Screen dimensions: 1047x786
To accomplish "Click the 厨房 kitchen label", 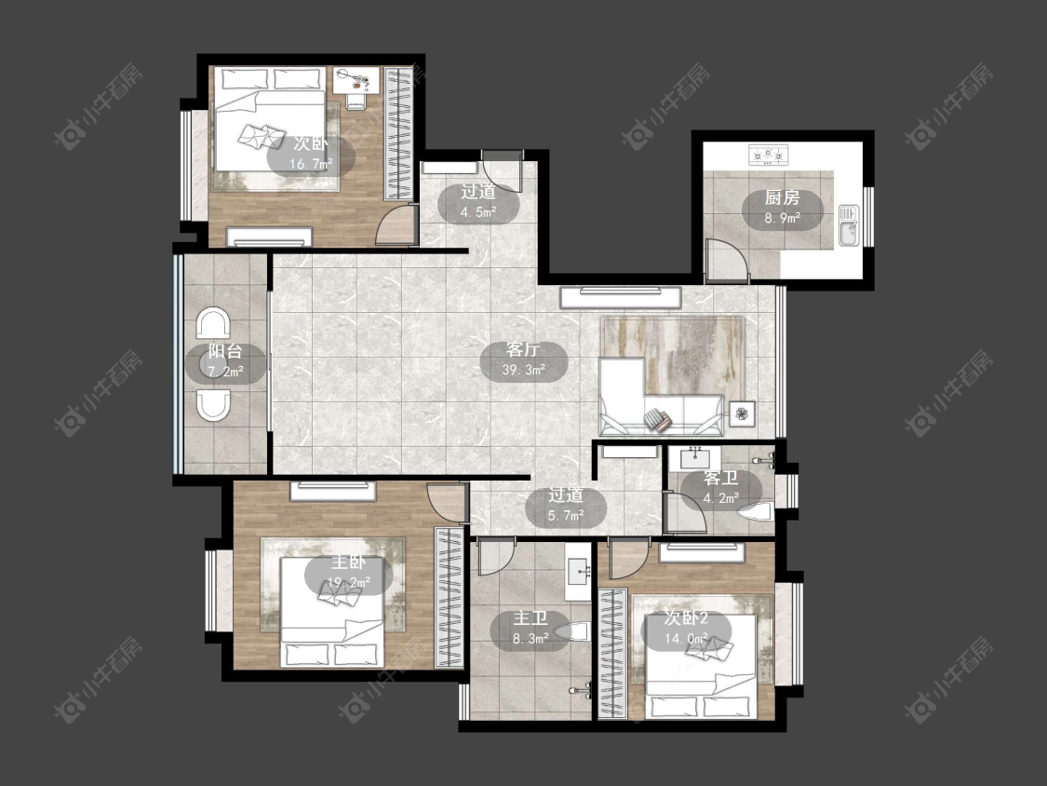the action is pos(782,197).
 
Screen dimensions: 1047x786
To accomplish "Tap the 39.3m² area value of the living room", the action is pos(524,370).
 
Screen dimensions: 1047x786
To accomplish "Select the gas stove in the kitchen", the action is pos(768,156).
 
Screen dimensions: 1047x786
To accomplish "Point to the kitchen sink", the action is pos(849,226).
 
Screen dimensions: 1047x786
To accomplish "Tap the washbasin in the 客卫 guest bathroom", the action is pos(698,458).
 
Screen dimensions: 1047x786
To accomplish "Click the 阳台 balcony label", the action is pos(225,352).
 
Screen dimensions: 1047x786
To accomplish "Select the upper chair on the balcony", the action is pos(213,323).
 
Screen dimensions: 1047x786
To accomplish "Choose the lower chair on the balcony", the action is pos(213,406).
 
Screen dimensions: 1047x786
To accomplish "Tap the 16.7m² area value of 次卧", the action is pos(311,165).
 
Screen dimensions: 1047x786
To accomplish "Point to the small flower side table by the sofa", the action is pos(742,414).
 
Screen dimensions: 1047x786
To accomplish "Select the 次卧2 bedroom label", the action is pos(686,618).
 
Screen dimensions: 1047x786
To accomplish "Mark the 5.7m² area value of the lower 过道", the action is pos(566,515).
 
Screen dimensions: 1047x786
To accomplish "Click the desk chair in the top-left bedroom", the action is pos(356,101).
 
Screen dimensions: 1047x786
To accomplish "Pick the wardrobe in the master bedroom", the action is pos(450,597).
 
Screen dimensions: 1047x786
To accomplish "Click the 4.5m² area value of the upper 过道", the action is pos(478,212).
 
